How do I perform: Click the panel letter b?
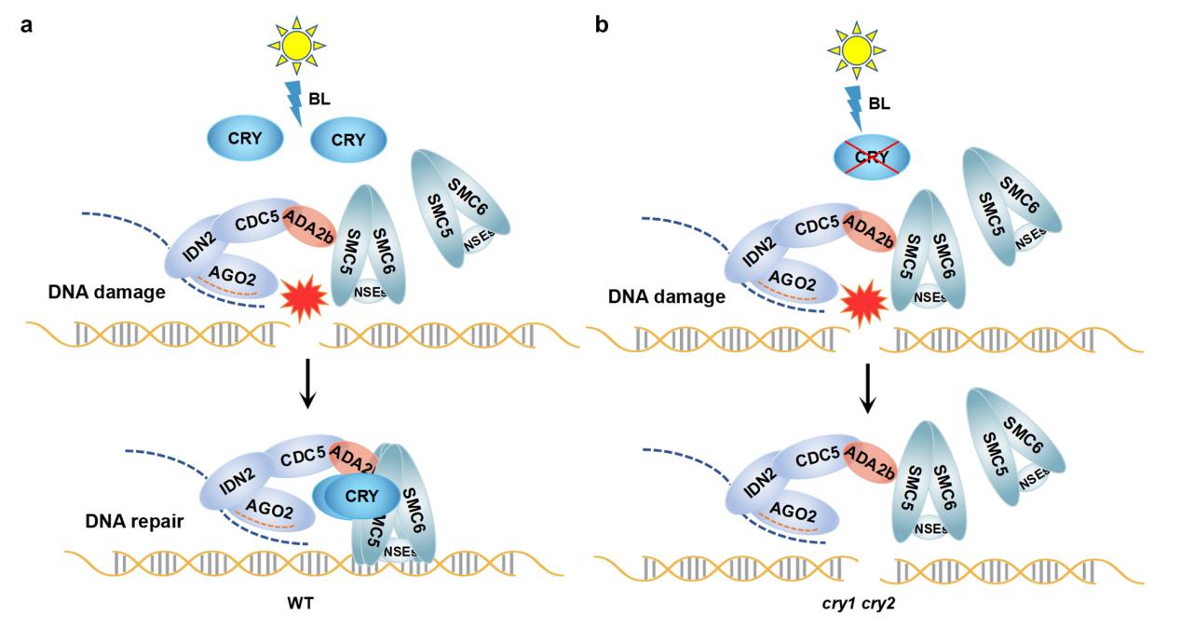coord(602,24)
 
